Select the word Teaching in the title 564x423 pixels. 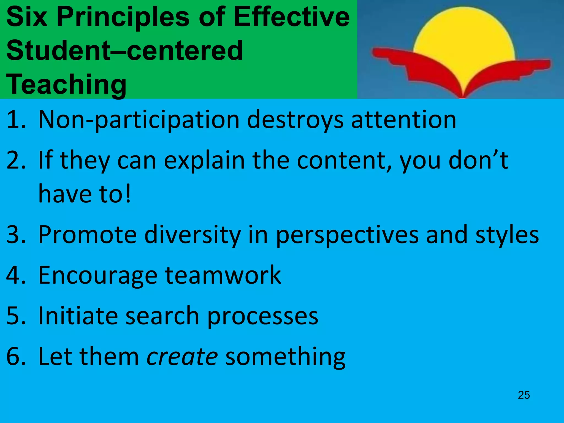[66, 84]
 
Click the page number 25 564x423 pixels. [524, 395]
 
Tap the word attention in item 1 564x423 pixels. [404, 120]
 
